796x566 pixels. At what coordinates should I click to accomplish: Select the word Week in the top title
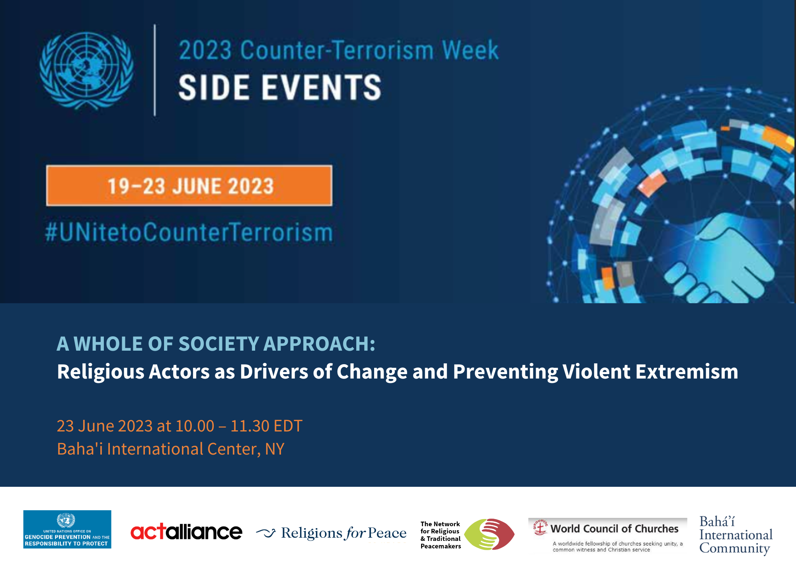tap(470, 50)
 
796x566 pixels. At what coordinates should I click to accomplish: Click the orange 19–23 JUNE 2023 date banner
tap(189, 186)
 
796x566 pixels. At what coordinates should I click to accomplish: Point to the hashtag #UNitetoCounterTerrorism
tap(189, 232)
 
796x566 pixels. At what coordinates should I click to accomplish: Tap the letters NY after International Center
tap(275, 449)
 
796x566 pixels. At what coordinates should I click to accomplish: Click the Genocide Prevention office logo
tap(67, 529)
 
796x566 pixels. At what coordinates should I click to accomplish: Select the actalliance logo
tap(186, 532)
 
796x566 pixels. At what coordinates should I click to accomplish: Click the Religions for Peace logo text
tap(343, 533)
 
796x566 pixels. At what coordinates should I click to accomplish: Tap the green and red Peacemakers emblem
tap(489, 534)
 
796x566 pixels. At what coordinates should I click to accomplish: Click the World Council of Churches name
tap(614, 529)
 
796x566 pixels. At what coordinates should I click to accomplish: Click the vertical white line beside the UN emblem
tap(155, 70)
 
